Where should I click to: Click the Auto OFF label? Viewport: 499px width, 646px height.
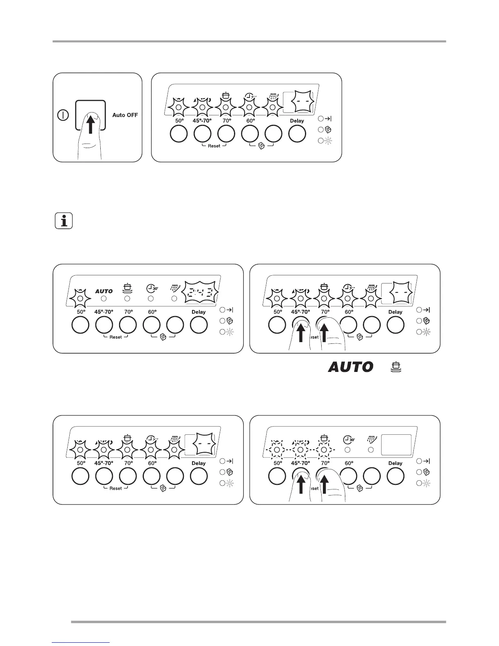coord(125,115)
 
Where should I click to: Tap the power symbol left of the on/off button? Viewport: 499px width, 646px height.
coord(63,115)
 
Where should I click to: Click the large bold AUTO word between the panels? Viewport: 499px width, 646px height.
coord(351,367)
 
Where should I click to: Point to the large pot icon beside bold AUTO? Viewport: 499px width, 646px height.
coord(394,367)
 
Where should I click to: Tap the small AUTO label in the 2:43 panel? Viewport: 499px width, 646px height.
coord(104,291)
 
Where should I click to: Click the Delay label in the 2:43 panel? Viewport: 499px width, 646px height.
coord(199,312)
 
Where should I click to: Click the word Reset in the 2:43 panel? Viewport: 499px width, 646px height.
coord(115,337)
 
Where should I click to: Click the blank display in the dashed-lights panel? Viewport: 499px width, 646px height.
coord(396,445)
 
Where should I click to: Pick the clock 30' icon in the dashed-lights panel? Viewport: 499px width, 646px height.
coord(348,440)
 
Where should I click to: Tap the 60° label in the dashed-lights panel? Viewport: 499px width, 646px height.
coord(349,463)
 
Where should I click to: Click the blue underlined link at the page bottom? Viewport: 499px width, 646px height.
coord(81,643)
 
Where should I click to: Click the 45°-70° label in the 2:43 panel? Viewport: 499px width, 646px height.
coord(104,312)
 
